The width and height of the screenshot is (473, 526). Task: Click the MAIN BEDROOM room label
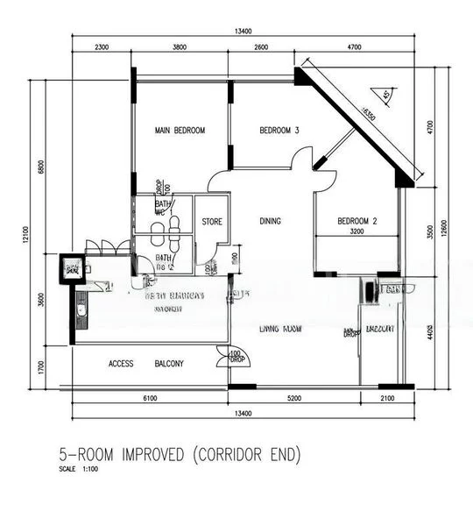click(180, 131)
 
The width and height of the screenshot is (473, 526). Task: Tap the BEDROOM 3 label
click(279, 131)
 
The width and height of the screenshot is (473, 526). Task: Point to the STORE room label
click(212, 222)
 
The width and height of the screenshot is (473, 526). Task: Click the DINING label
click(270, 221)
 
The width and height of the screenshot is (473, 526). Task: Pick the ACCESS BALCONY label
click(146, 364)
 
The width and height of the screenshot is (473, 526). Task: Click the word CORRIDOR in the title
click(250, 454)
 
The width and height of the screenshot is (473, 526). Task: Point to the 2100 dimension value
click(388, 399)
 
